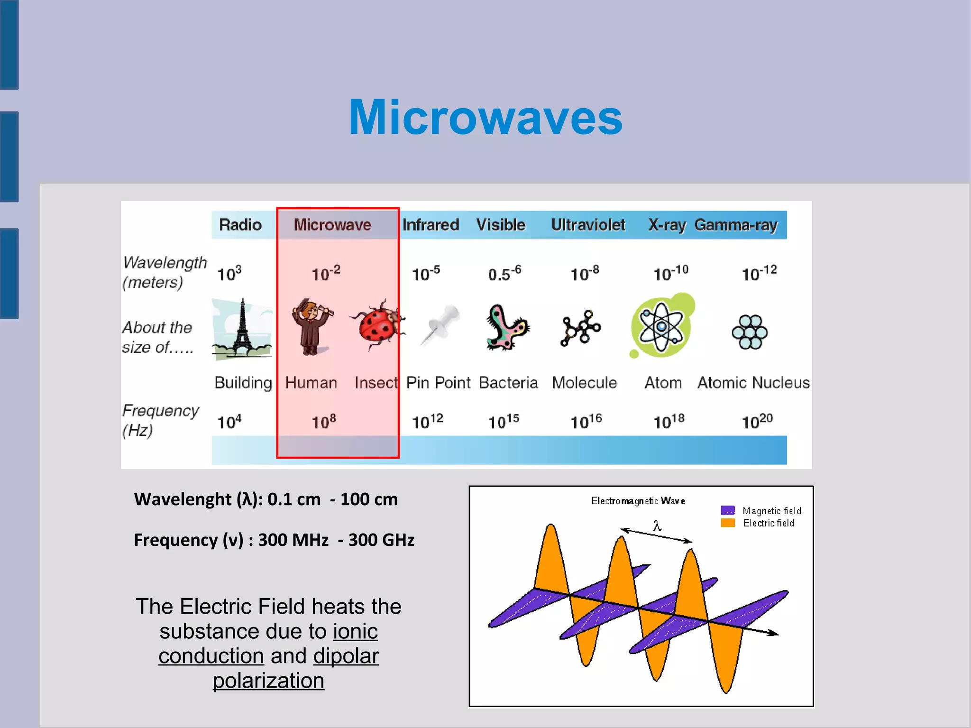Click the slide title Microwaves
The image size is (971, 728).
[x=485, y=118]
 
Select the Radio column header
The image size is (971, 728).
[x=240, y=225]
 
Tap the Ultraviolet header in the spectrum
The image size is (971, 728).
[x=588, y=225]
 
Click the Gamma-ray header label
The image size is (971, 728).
[x=736, y=225]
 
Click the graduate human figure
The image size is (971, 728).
[x=311, y=327]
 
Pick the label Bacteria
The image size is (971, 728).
[x=508, y=383]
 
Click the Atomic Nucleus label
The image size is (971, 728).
[x=753, y=383]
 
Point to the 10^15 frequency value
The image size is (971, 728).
[x=504, y=421]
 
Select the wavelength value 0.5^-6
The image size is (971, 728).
[x=504, y=273]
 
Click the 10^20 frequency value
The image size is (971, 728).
[x=757, y=421]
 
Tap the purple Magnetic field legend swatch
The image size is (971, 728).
[x=727, y=510]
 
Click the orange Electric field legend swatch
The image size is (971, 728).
[x=727, y=523]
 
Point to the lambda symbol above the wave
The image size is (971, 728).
[x=657, y=525]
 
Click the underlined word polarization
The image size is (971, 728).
[x=268, y=681]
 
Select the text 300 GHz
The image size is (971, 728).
[x=381, y=540]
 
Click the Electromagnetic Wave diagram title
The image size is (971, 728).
[x=638, y=501]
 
